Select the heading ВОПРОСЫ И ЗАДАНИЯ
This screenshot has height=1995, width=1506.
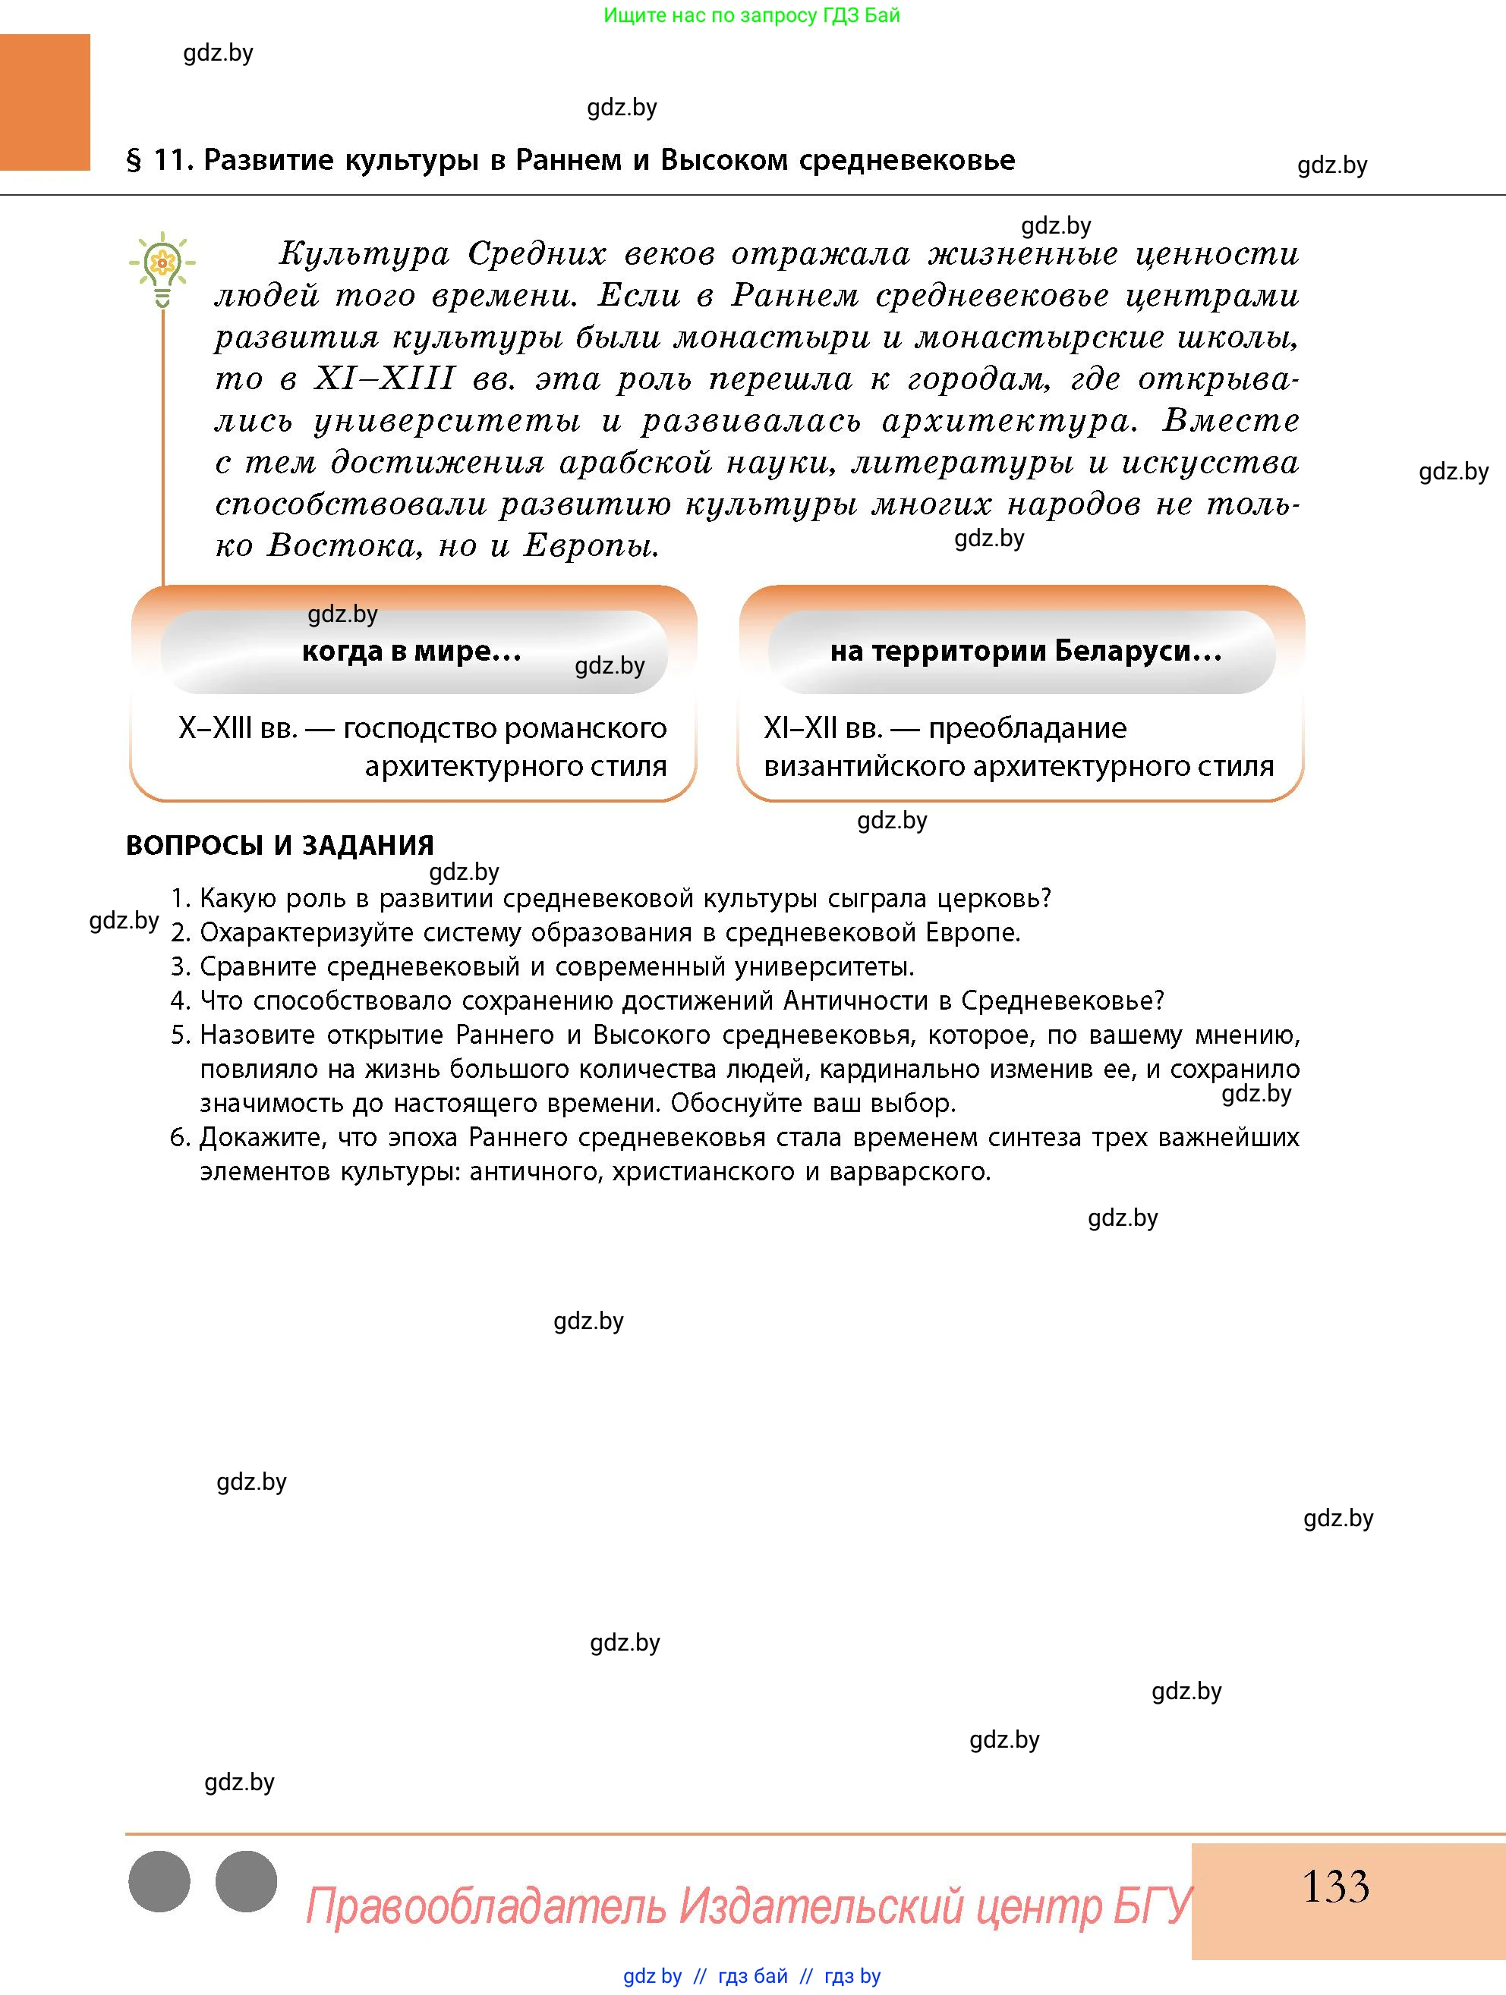[x=280, y=845]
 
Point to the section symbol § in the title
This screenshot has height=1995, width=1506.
[x=134, y=162]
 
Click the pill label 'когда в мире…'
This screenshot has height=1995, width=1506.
[x=411, y=650]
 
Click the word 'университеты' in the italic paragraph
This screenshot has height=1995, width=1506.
[x=448, y=421]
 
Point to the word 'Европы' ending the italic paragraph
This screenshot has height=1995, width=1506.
[x=591, y=545]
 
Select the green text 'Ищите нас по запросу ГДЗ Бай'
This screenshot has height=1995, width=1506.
[x=751, y=15]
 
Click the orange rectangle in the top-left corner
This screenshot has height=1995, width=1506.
[x=45, y=102]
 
